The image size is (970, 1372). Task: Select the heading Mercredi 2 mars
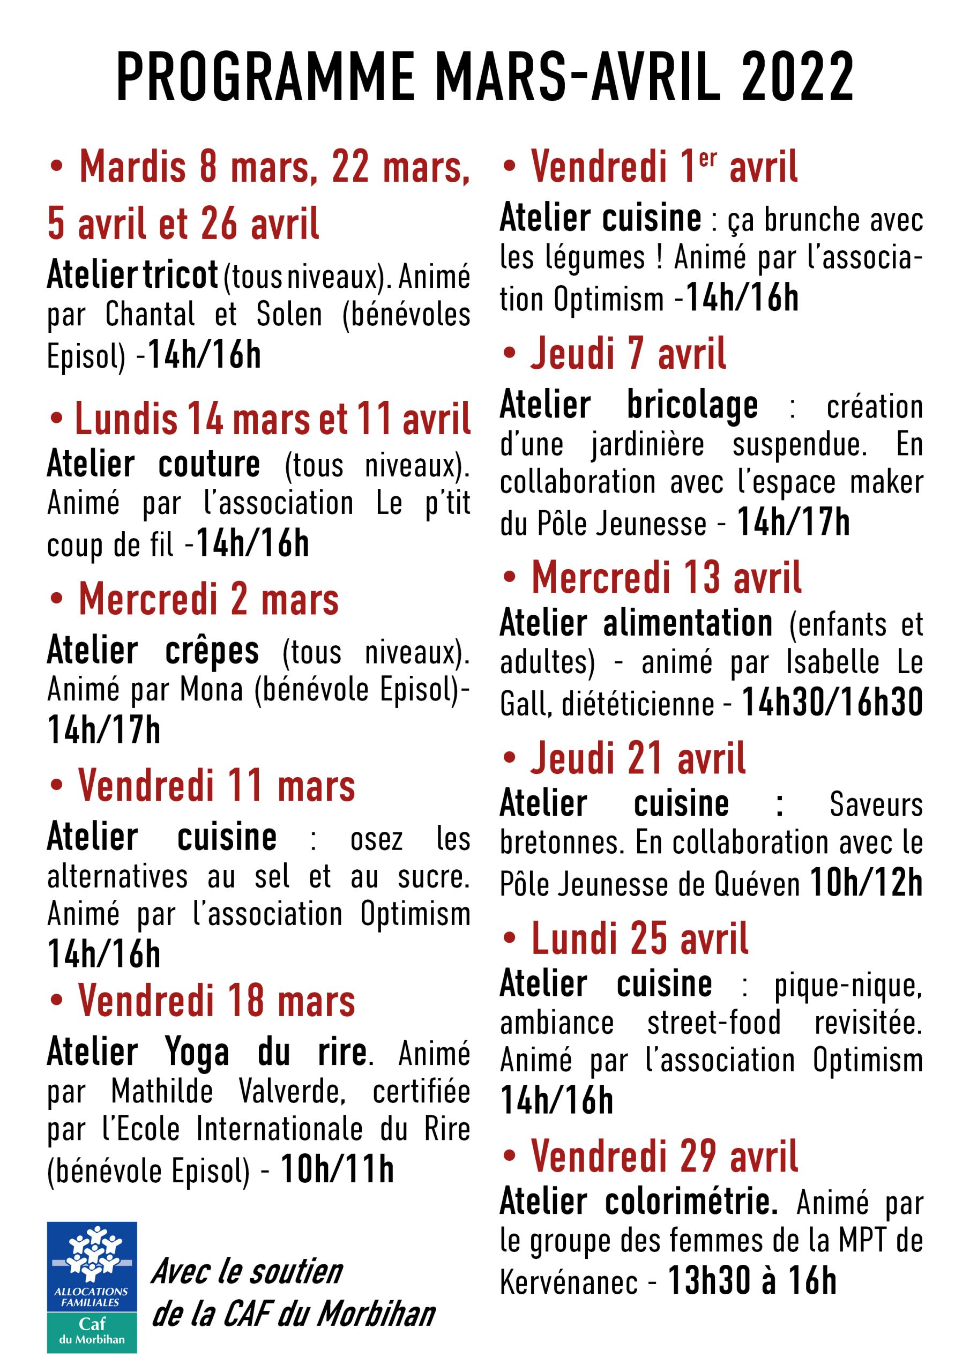tap(208, 599)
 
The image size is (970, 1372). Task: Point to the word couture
tap(208, 464)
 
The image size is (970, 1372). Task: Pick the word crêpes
tap(212, 651)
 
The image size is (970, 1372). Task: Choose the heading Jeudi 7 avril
tap(628, 353)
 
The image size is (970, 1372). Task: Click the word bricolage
tap(692, 405)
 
